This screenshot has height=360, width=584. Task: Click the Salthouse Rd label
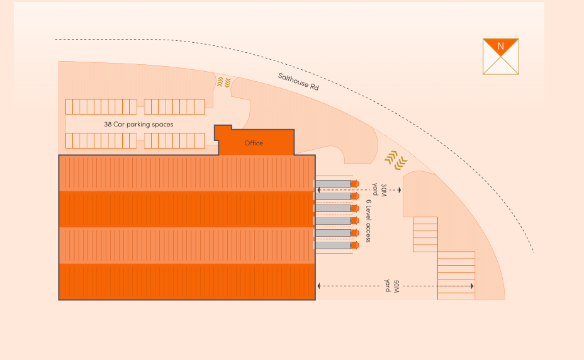298,82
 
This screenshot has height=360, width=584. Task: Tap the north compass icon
501,57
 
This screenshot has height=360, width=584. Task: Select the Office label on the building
254,143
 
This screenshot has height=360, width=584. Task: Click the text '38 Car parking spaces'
138,125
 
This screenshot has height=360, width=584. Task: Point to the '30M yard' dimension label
379,189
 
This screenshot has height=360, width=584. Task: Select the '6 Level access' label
368,221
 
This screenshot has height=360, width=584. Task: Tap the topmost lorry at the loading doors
336,184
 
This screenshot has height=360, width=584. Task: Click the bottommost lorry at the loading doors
336,245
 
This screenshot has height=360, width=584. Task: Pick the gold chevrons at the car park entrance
223,82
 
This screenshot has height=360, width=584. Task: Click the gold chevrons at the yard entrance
395,160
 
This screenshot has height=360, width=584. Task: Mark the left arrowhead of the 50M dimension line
319,286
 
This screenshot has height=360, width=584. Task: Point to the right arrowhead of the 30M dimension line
400,189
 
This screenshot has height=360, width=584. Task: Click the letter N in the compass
501,47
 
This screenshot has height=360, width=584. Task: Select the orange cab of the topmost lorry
354,184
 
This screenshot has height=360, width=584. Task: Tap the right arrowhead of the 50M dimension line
472,286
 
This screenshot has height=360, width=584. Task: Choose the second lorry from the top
336,196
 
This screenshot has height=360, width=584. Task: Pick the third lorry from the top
336,208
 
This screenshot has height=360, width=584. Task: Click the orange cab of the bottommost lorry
354,245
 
